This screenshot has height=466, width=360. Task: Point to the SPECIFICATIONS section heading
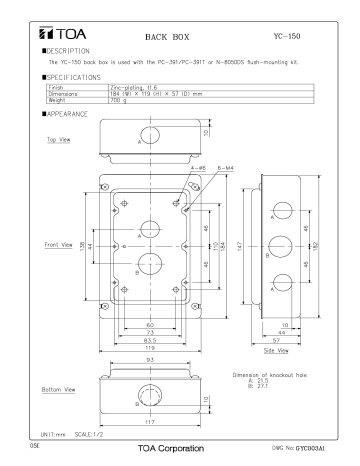pyautogui.click(x=55, y=76)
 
